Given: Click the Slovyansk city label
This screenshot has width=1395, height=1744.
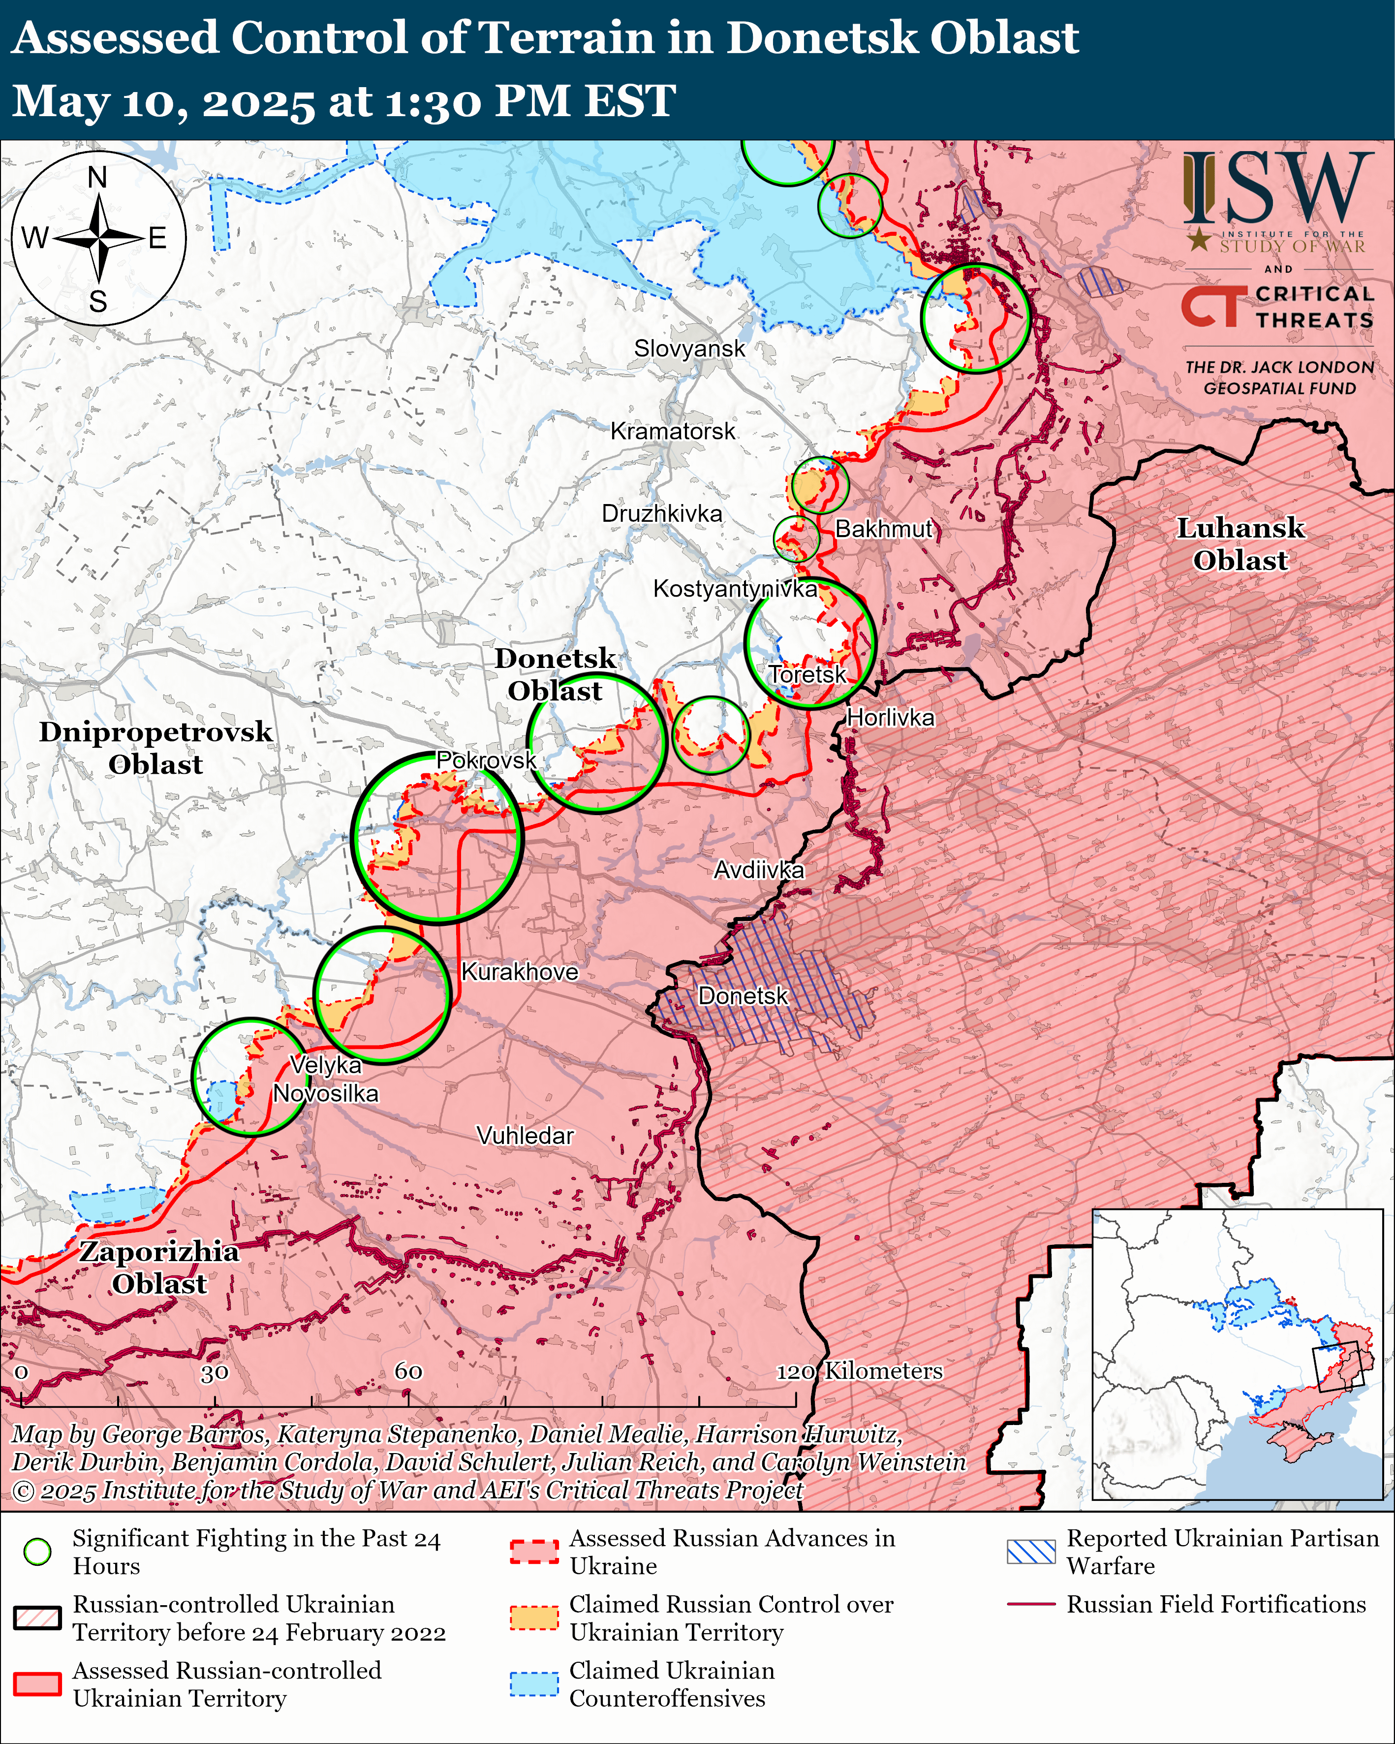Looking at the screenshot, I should (689, 349).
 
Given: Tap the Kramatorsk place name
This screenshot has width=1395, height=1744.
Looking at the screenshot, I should (673, 431).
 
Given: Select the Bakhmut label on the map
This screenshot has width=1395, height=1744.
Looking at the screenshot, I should (884, 529).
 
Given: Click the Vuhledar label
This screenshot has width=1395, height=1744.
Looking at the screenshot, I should (525, 1136).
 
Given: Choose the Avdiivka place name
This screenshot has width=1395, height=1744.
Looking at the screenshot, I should (759, 870).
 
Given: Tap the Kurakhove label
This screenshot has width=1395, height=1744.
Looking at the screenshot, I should (519, 972).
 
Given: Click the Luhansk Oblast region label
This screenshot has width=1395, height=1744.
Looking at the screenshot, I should (1240, 544).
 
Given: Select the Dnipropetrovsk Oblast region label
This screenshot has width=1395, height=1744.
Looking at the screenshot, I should (155, 748).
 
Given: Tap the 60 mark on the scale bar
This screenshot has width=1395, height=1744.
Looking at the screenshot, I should (408, 1371).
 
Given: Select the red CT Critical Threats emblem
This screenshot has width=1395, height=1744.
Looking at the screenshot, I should (1210, 307).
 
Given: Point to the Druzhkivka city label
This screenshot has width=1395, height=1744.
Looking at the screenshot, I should (661, 514).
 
